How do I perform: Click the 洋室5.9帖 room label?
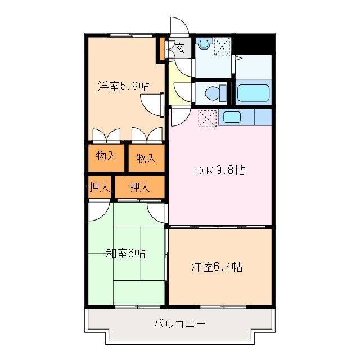coord(123,87)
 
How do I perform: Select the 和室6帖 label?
coord(126,253)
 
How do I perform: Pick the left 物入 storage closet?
coord(106,156)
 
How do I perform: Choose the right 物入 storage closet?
coord(146,158)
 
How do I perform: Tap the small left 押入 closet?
coord(99,187)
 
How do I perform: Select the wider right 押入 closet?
coord(139,187)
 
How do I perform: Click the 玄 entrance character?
coord(179,48)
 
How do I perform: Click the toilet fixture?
coord(215,92)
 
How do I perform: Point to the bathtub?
coord(253,93)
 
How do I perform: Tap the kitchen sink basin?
coord(232,117)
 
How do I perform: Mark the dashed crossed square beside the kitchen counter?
coord(206,118)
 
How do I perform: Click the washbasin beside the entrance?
coord(203,44)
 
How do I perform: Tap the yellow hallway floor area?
coord(179,84)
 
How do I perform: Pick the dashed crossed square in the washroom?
coord(222,46)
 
